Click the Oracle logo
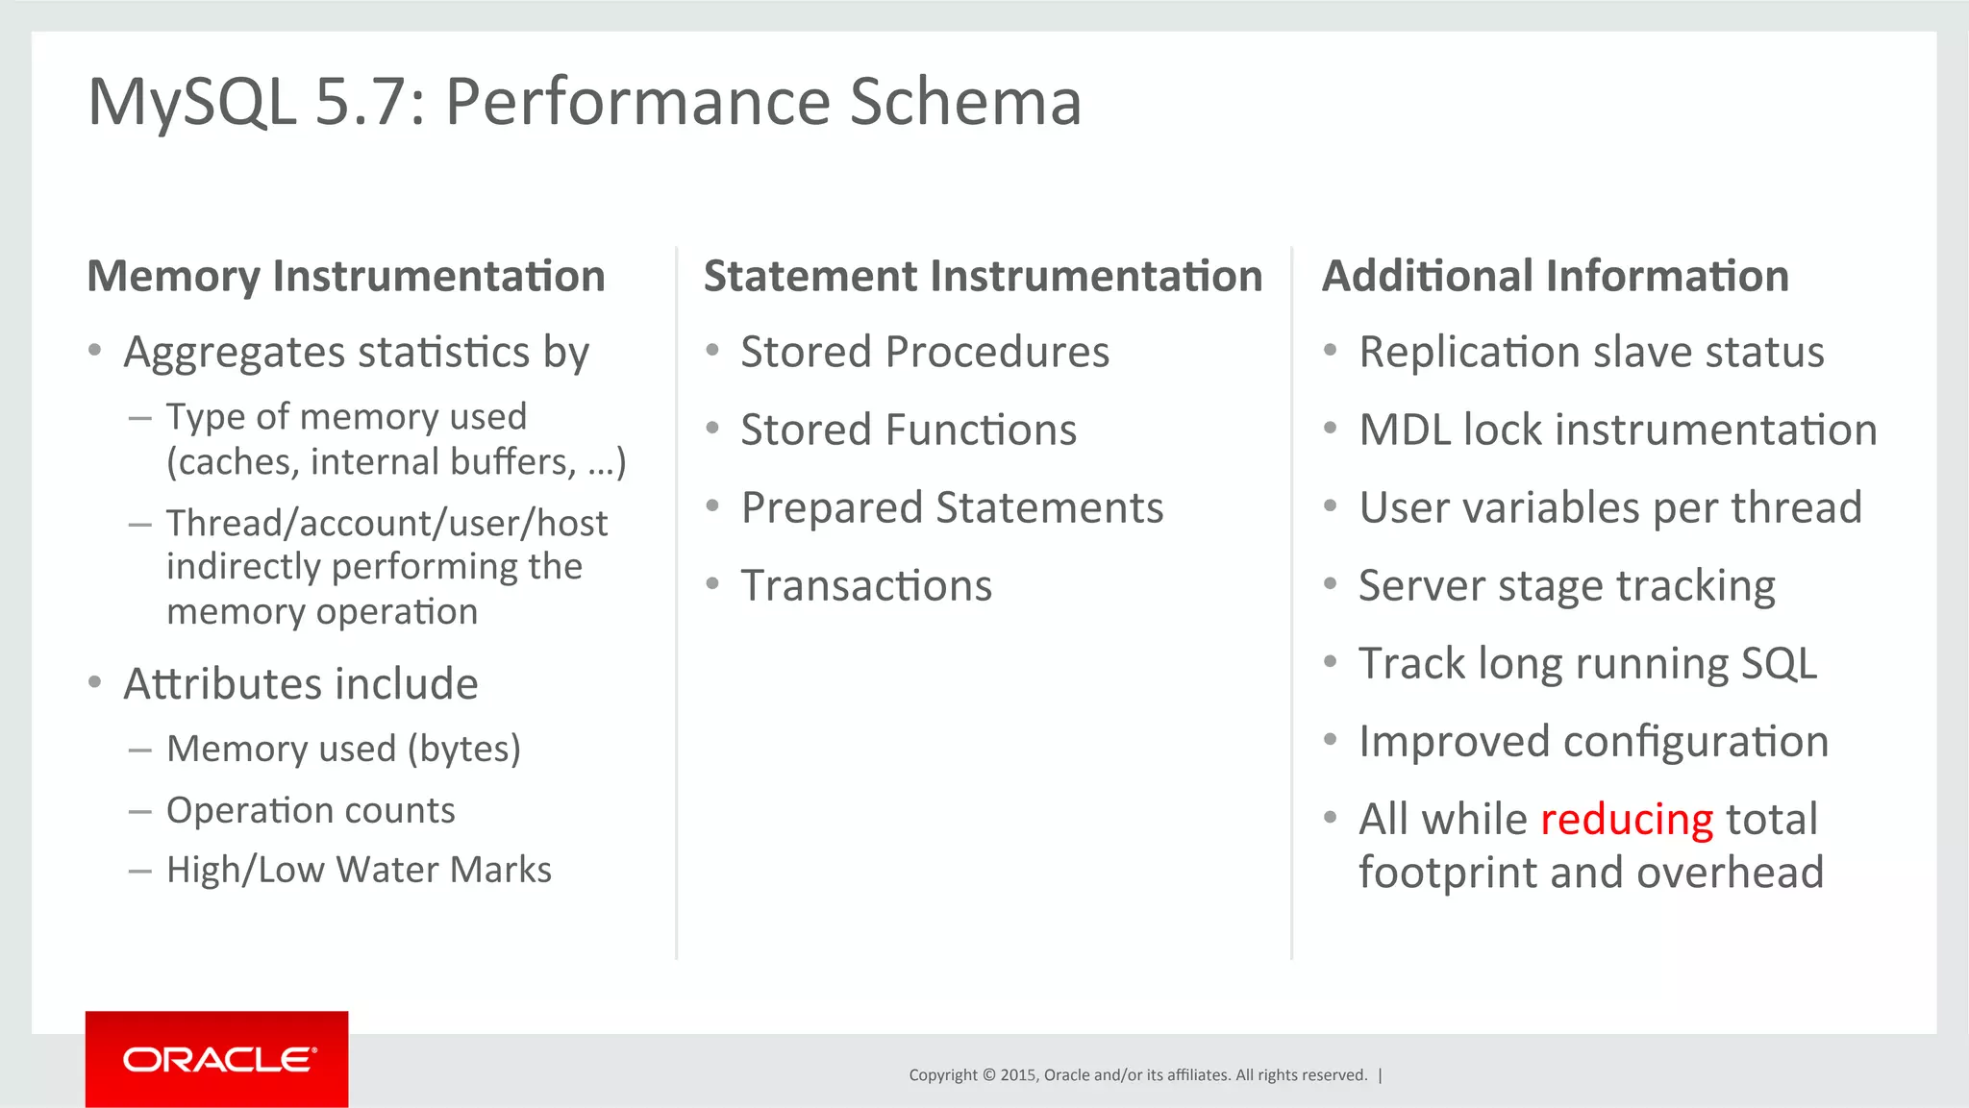pyautogui.click(x=217, y=1059)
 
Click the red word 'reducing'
pyautogui.click(x=1626, y=820)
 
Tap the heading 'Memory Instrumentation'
pyautogui.click(x=346, y=277)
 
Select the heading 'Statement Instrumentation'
pyautogui.click(x=983, y=277)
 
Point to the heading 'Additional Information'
pyautogui.click(x=1555, y=277)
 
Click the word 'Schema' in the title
pyautogui.click(x=965, y=102)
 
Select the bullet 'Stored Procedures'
pyautogui.click(x=924, y=352)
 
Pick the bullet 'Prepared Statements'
pyautogui.click(x=951, y=507)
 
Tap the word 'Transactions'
pyautogui.click(x=865, y=585)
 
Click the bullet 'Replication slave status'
pyautogui.click(x=1590, y=352)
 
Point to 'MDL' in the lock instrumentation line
pyautogui.click(x=1404, y=430)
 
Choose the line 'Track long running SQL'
pyautogui.click(x=1587, y=663)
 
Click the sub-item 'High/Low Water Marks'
pyautogui.click(x=359, y=870)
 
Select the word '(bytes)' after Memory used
pyautogui.click(x=464, y=749)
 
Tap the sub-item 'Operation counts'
pyautogui.click(x=311, y=810)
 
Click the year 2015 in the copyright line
pyautogui.click(x=1017, y=1075)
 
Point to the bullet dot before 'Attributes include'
pyautogui.click(x=94, y=682)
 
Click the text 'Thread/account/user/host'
pyautogui.click(x=386, y=524)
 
